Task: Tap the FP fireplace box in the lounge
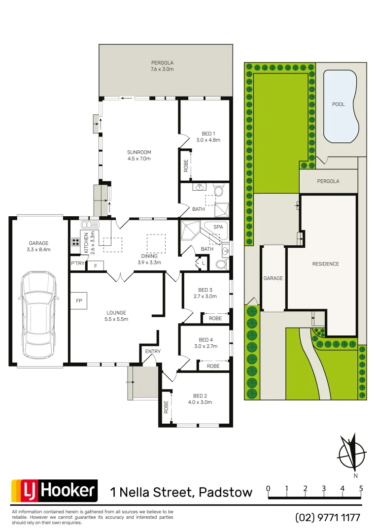pos(79,300)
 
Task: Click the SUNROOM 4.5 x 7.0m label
pos(139,155)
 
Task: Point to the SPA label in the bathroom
pos(218,227)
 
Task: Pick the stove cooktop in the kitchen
pos(76,242)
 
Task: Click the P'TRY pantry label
pos(77,263)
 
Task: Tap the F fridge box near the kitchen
pos(96,266)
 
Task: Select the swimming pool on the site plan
pos(340,105)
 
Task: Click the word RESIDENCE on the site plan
pos(325,264)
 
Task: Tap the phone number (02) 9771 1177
pos(328,518)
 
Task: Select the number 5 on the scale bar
pos(361,489)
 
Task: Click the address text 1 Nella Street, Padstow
pos(181,492)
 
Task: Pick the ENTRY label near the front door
pos(153,351)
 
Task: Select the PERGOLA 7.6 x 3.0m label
pos(162,66)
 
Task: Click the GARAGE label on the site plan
pos(273,278)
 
